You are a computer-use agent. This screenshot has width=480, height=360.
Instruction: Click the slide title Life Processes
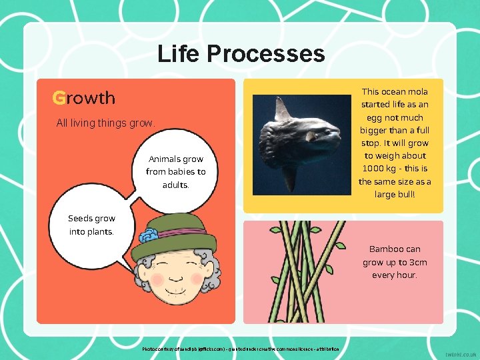pos(241,53)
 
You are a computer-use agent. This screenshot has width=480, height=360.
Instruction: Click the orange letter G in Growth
pos(59,99)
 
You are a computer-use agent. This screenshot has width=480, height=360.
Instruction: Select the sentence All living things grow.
pos(105,123)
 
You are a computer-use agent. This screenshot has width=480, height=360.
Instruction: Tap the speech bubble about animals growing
pos(175,172)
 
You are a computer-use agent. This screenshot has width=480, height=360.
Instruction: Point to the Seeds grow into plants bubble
pos(91,225)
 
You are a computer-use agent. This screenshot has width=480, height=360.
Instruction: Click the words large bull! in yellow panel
pos(395,195)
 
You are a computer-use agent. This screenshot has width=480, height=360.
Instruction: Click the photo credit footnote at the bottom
pos(241,349)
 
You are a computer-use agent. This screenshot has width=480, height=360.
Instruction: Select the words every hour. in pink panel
pos(395,275)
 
